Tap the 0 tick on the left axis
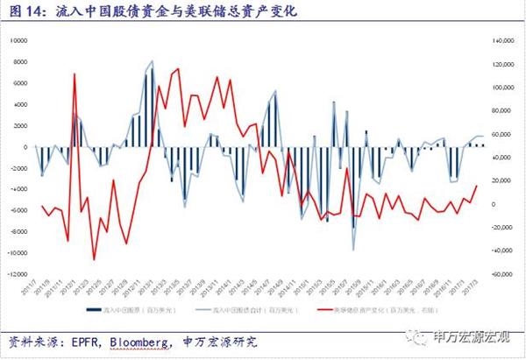coord(25,146)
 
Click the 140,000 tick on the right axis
coord(501,40)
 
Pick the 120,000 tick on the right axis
coord(501,64)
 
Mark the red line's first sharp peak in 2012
coord(75,74)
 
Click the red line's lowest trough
coord(94,259)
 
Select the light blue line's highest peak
coord(152,61)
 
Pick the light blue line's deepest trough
coord(354,251)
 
